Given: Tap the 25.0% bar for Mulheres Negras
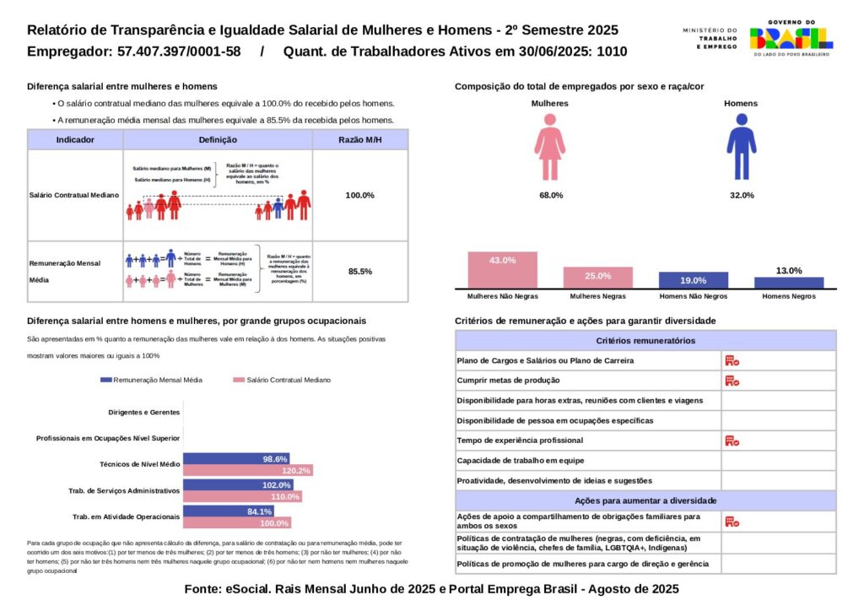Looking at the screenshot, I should point(597,278).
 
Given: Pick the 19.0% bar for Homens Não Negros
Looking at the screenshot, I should point(693,281).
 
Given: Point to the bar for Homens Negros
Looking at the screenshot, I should point(789,283).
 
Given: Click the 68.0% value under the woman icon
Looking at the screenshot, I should point(550,195).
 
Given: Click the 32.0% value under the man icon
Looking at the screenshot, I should point(742,195).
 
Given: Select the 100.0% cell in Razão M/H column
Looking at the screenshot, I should point(360,195).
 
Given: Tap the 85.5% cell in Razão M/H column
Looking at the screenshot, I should point(360,272).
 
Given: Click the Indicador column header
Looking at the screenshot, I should point(75,140).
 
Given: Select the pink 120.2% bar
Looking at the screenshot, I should point(248,470).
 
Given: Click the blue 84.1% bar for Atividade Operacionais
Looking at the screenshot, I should point(228,511).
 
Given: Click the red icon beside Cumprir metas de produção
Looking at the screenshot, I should point(732,381).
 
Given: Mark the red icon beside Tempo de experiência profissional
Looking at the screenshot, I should point(732,441).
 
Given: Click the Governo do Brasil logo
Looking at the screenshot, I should point(790,38).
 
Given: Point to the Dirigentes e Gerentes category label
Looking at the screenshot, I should point(144,413).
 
